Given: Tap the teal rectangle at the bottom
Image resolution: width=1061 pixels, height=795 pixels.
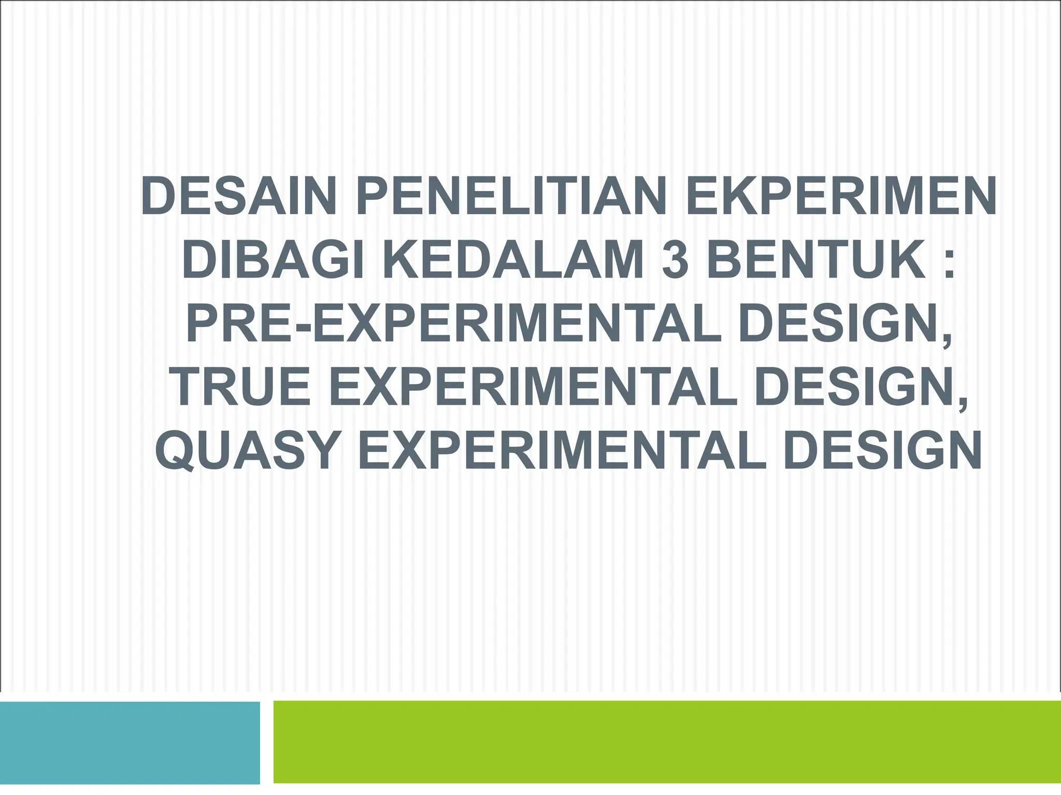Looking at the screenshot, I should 130,742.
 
